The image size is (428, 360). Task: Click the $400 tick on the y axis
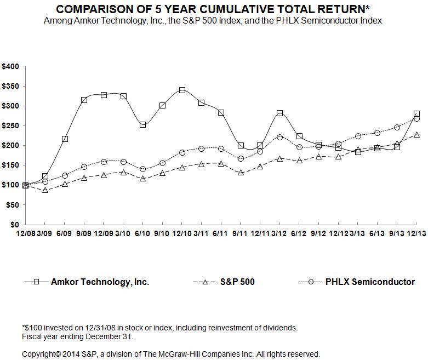[x=11, y=66]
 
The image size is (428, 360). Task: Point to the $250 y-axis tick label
[x=11, y=125]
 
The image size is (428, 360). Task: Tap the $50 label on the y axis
[x=13, y=205]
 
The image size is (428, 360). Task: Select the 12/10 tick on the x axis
[x=182, y=233]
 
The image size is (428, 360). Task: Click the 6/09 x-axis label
[x=65, y=233]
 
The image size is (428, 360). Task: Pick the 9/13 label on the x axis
[x=397, y=233]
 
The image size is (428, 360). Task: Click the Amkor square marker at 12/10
[x=182, y=90]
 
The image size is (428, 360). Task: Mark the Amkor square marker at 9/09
[x=84, y=100]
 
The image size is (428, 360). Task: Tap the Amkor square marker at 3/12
[x=279, y=113]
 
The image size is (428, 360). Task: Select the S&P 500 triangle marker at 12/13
[x=416, y=135]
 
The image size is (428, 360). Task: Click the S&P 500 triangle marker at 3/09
[x=45, y=190]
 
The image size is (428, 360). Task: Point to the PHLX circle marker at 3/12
[x=279, y=137]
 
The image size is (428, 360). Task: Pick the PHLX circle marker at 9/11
[x=241, y=159]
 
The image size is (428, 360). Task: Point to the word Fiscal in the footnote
[x=31, y=336]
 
